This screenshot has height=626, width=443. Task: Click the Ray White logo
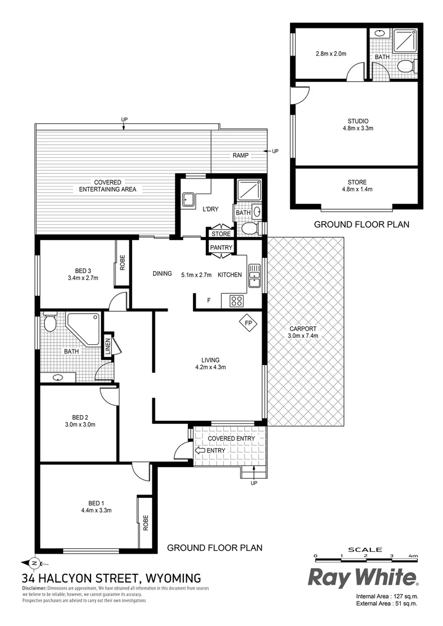362,577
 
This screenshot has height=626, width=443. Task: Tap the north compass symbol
33,562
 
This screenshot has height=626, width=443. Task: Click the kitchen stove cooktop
237,300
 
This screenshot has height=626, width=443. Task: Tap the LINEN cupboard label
107,346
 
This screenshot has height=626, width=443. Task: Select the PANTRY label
221,248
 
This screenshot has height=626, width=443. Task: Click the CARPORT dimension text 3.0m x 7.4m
303,336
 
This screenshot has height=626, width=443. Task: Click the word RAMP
242,156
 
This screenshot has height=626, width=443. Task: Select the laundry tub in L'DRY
188,201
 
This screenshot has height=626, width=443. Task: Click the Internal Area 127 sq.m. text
387,596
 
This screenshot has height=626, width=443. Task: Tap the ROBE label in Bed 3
122,264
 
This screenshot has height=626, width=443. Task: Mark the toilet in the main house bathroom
50,323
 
